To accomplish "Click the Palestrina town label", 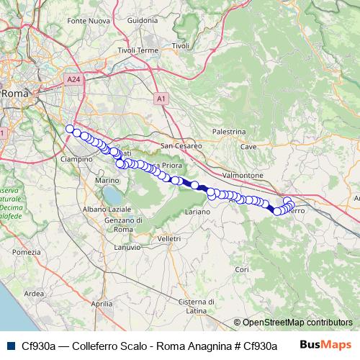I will click(230, 132).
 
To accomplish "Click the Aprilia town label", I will click(102, 305).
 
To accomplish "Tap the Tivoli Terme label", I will click(137, 50).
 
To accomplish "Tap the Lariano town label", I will click(197, 212).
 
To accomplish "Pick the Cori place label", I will click(242, 269).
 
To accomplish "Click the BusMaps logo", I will click(325, 345).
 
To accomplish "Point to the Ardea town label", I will click(35, 293).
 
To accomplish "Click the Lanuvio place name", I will click(127, 247).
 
